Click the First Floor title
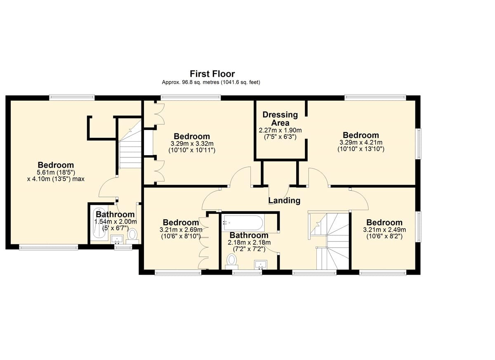point(212,73)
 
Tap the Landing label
point(284,201)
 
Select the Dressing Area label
point(280,118)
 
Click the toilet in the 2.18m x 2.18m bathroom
point(231,262)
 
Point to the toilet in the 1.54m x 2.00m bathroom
point(132,236)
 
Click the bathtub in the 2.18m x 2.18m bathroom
point(243,223)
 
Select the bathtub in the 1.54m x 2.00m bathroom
point(99,224)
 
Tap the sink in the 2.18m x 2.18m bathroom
point(261,265)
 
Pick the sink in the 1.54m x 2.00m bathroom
point(117,239)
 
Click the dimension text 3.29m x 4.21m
point(361,142)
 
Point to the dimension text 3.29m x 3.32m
point(192,144)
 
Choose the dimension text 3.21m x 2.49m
point(384,230)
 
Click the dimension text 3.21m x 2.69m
point(181,230)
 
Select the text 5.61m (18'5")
point(57,172)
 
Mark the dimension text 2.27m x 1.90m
point(280,130)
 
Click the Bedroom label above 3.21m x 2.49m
point(384,222)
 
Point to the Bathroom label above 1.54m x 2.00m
point(115,214)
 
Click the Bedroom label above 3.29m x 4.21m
point(361,135)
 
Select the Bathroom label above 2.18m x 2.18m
point(249,235)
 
